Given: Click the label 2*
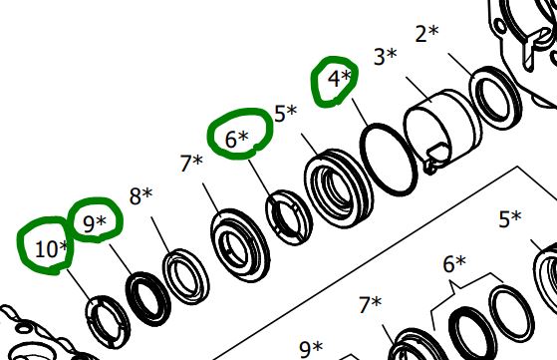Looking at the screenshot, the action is click(427, 34).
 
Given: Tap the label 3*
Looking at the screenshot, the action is click(386, 57).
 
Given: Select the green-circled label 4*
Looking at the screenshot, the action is click(339, 79).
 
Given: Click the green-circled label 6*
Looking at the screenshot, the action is click(237, 139).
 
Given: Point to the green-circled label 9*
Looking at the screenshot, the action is click(95, 223).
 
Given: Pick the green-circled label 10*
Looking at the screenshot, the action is click(52, 249).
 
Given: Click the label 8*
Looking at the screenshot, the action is click(140, 196).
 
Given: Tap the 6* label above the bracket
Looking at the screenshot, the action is click(454, 264).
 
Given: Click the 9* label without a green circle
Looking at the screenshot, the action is click(311, 349).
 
